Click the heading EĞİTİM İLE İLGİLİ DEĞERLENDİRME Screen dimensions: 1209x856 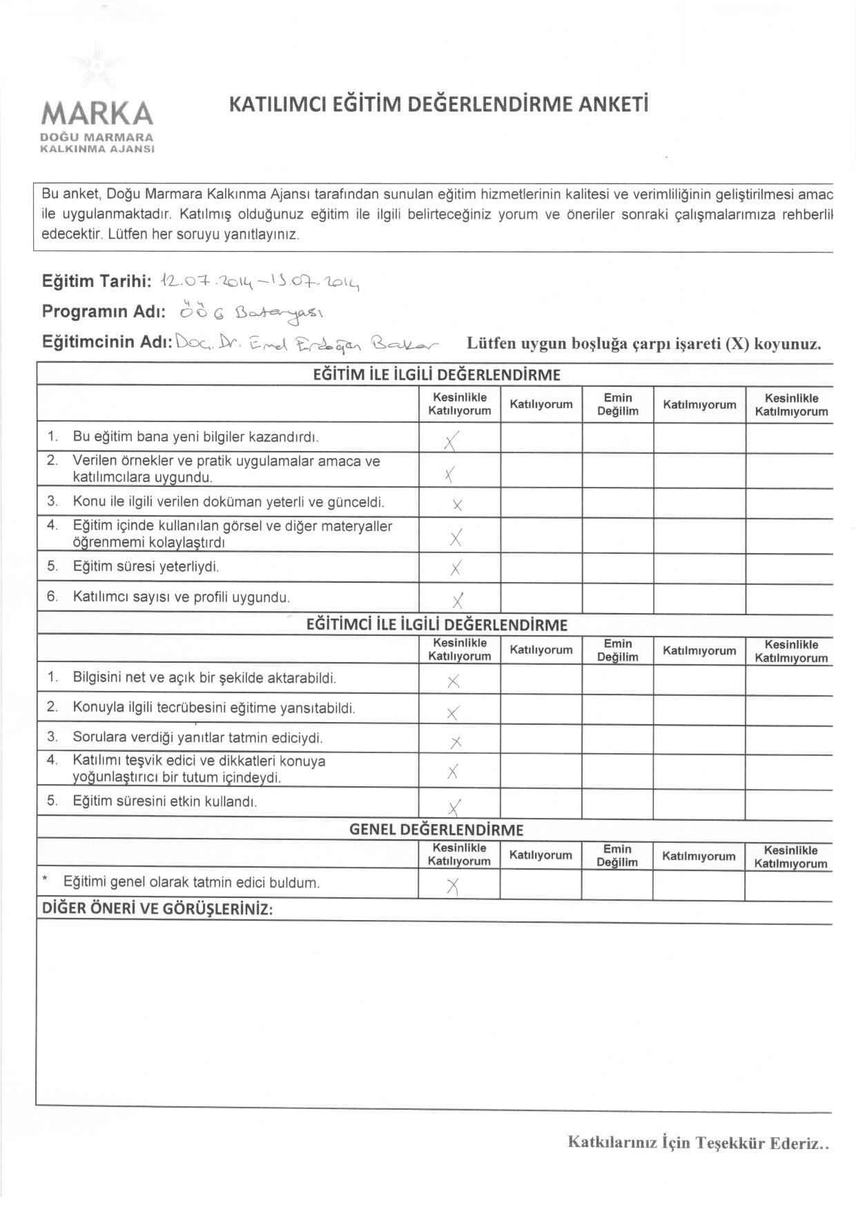436,375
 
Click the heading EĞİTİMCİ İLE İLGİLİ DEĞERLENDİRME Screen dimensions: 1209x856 436,625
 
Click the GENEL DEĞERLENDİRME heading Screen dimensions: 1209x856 436,829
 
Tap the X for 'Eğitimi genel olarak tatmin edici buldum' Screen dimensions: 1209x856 453,887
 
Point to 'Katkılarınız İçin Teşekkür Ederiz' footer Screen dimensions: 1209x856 697,1142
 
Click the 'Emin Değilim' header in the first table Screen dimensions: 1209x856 618,404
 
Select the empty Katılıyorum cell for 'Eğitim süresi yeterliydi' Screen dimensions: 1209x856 541,568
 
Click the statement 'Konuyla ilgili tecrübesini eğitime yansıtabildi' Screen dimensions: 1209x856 214,708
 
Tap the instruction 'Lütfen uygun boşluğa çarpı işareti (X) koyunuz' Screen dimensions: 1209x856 643,343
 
